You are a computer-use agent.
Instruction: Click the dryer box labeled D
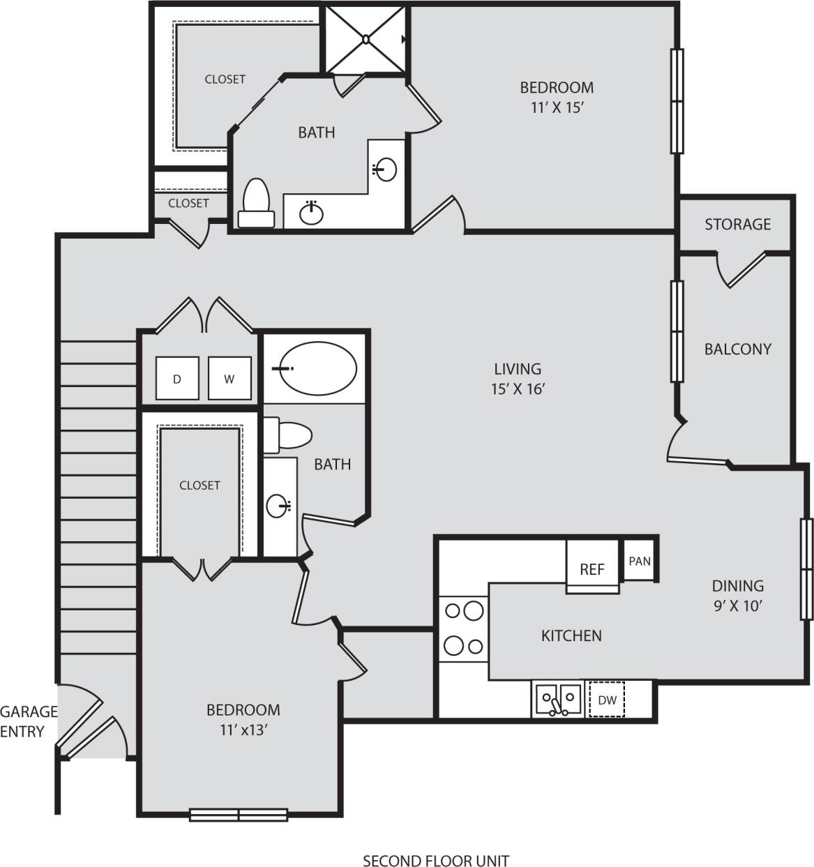pos(177,379)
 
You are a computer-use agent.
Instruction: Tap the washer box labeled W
pos(229,379)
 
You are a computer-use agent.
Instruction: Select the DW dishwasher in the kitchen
pos(607,700)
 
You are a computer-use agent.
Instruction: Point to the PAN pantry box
pos(639,560)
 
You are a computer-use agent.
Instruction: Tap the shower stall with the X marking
pos(365,39)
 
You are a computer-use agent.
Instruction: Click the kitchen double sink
pos(558,700)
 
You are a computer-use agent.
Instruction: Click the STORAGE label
pos(737,224)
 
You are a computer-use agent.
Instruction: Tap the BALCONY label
pos(737,349)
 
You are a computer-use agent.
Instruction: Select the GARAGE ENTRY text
pos(28,721)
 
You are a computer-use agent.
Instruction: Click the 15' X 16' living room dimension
pos(517,389)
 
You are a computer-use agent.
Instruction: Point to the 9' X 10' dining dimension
pos(737,605)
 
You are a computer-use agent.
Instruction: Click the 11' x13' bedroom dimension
pos(243,730)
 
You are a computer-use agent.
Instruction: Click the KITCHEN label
pos(571,635)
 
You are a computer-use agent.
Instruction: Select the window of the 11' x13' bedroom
pos(239,814)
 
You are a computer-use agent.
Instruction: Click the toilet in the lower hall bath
pos(288,436)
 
